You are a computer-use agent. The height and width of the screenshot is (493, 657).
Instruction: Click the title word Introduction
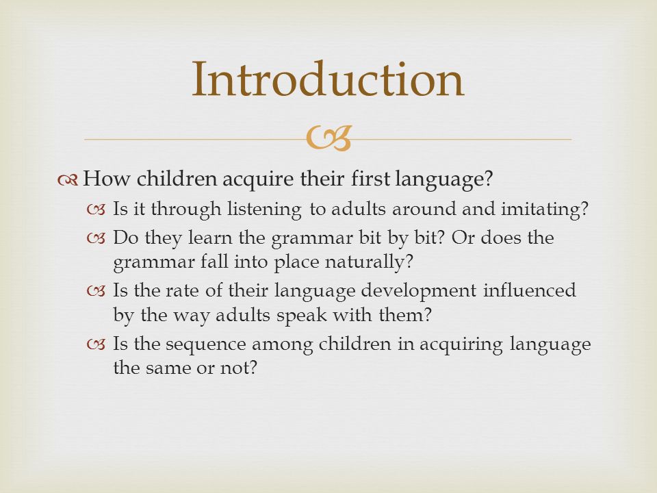click(x=328, y=79)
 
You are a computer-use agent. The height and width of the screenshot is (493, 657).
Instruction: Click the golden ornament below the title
click(x=328, y=138)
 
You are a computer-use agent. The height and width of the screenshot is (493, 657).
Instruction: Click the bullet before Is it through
click(x=96, y=210)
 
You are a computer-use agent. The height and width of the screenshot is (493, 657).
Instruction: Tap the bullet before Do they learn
click(x=96, y=238)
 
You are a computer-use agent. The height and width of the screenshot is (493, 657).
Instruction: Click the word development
click(x=418, y=291)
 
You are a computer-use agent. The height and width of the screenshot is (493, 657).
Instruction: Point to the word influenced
click(x=530, y=290)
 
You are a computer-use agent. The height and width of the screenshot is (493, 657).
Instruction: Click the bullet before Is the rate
click(x=96, y=291)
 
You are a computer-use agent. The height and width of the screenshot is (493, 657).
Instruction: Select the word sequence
click(x=205, y=344)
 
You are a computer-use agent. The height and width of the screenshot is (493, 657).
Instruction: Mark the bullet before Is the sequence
click(x=96, y=344)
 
